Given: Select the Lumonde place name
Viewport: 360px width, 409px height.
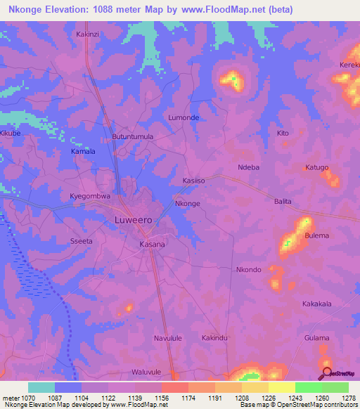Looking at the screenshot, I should click(x=184, y=118).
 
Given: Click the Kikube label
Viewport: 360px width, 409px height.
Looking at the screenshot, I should click(x=11, y=133).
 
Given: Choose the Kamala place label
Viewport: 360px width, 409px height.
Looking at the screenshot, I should click(x=83, y=151).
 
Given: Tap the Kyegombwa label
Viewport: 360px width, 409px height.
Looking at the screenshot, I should click(x=91, y=197).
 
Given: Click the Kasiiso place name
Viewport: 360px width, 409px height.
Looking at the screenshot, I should click(x=193, y=181).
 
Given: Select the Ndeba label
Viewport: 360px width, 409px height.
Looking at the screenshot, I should click(x=249, y=167).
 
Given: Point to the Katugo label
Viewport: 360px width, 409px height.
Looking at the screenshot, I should click(x=316, y=167).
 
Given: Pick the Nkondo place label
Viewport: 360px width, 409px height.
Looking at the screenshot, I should click(x=249, y=270).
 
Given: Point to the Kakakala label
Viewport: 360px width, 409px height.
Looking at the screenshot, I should click(x=316, y=304).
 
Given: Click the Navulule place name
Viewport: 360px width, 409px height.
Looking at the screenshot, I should click(x=168, y=338).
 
